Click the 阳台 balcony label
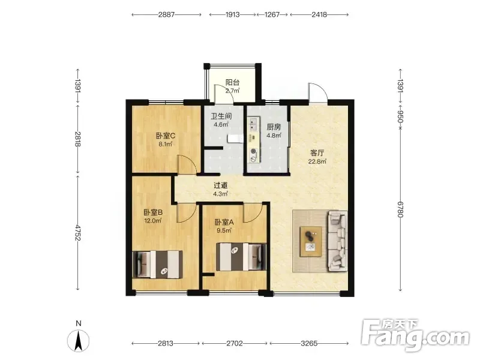232,82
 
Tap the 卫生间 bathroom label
221,116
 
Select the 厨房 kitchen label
274,127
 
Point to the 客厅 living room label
317,153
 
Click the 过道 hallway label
220,185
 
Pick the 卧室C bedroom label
166,136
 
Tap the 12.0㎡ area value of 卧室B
153,220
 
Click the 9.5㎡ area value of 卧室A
224,230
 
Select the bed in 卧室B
158,265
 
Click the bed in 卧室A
241,257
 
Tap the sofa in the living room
338,241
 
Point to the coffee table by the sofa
311,242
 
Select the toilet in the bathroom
235,139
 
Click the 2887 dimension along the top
166,14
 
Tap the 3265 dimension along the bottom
309,343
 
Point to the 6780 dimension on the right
400,209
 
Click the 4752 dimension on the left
78,233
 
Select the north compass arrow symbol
79,340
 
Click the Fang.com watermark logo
415,335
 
